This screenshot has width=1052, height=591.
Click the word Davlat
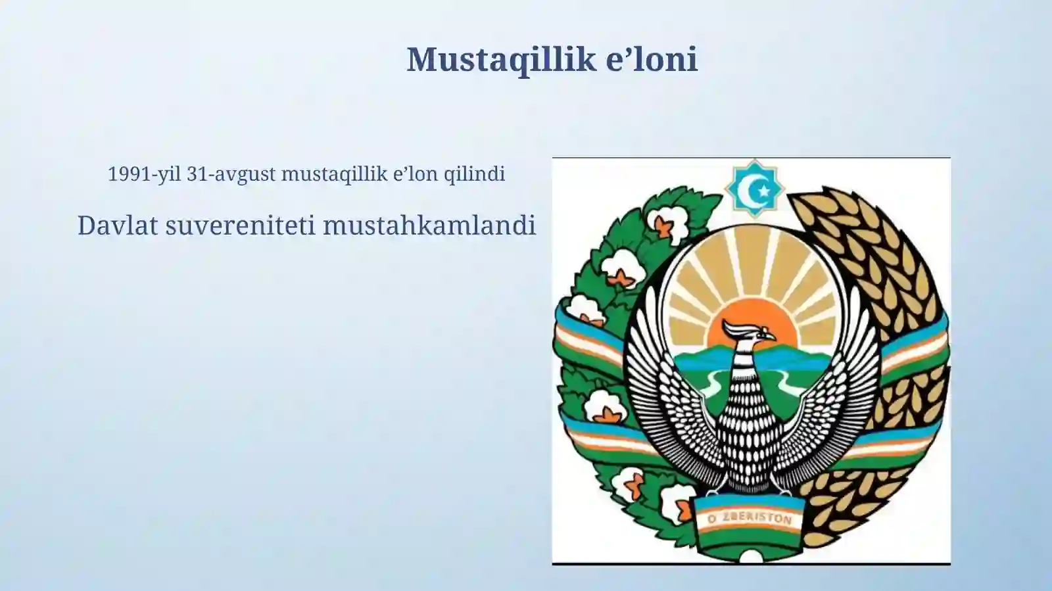click(x=118, y=225)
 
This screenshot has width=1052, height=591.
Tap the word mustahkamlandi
click(x=429, y=225)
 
